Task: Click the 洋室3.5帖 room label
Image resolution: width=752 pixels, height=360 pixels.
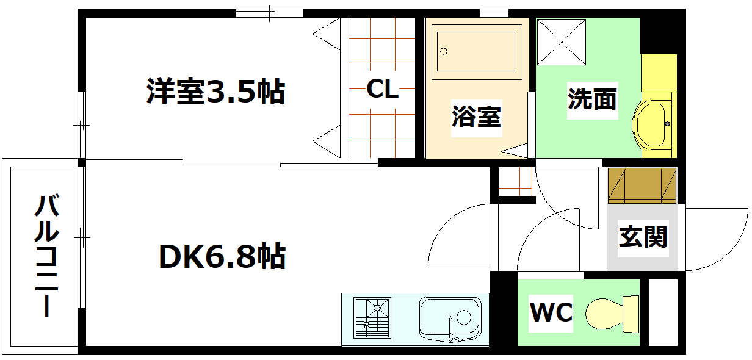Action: (215, 92)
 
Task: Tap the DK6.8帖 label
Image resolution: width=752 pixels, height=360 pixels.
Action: (222, 257)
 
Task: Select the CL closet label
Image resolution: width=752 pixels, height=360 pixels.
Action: (382, 90)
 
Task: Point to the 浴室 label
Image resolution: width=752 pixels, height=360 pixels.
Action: (476, 116)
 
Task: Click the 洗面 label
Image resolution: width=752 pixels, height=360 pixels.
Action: (592, 98)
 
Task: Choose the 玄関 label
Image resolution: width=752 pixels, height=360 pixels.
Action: (643, 236)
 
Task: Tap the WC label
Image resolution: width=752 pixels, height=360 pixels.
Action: (551, 313)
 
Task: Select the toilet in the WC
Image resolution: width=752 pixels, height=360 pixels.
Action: (610, 312)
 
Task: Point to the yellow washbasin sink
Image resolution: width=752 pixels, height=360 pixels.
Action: (653, 125)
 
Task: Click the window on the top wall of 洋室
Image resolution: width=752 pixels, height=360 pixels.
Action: (269, 12)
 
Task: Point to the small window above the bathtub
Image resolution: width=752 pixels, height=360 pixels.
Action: (494, 12)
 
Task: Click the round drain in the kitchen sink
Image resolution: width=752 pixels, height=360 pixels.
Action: (463, 317)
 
